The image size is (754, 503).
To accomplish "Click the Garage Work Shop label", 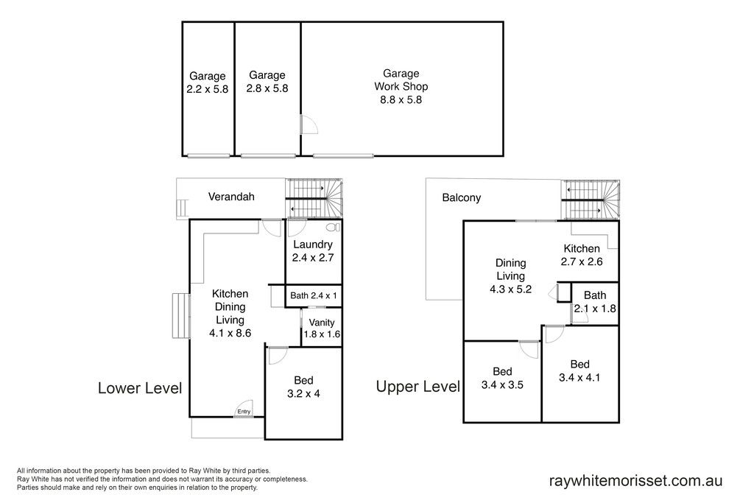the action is click(401, 80).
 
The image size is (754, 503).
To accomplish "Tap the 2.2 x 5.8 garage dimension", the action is click(207, 89).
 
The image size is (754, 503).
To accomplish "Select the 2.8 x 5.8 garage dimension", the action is click(267, 88).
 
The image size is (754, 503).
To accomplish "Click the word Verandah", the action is click(231, 196).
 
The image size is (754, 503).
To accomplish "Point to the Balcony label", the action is click(462, 197).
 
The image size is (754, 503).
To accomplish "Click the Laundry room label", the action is click(312, 245).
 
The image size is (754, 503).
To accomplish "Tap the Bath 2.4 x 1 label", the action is click(314, 295).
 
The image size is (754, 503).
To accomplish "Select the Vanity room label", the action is click(322, 323).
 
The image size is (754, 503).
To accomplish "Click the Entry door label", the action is click(244, 411).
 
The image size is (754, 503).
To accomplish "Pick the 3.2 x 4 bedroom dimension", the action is click(303, 393).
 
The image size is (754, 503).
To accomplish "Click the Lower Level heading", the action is click(140, 388).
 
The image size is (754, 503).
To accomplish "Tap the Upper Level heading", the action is click(418, 386).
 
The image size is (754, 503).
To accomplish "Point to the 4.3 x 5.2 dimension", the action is click(511, 289).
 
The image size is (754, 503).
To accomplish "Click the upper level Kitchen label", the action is click(582, 248).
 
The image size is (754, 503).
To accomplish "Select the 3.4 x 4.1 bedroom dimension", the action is click(579, 378).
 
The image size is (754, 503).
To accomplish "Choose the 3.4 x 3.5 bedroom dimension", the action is click(502, 384).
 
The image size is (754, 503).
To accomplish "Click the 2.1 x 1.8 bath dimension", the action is click(595, 309).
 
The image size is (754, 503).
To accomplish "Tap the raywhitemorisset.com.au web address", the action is click(635, 480).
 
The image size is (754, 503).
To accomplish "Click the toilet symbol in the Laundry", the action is click(333, 227).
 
